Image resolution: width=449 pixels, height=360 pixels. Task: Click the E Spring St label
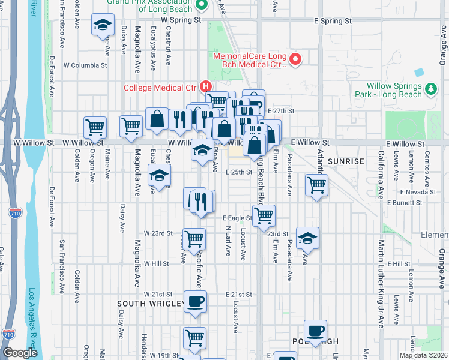(x=333, y=20)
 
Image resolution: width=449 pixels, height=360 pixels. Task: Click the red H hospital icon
(x=207, y=86)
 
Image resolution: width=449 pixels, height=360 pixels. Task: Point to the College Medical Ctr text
(x=160, y=88)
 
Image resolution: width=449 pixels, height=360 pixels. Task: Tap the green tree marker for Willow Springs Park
(x=430, y=89)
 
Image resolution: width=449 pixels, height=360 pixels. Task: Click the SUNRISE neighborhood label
(x=346, y=161)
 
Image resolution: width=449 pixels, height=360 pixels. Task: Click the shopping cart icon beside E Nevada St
(x=316, y=185)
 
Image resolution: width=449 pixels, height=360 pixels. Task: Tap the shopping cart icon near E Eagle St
(x=264, y=215)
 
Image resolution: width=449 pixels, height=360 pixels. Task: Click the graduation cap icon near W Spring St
(x=103, y=26)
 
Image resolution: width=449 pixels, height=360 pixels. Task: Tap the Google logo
(x=20, y=353)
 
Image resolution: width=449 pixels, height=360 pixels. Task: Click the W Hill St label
(x=156, y=263)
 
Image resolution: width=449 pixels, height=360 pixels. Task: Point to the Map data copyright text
(x=423, y=355)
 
